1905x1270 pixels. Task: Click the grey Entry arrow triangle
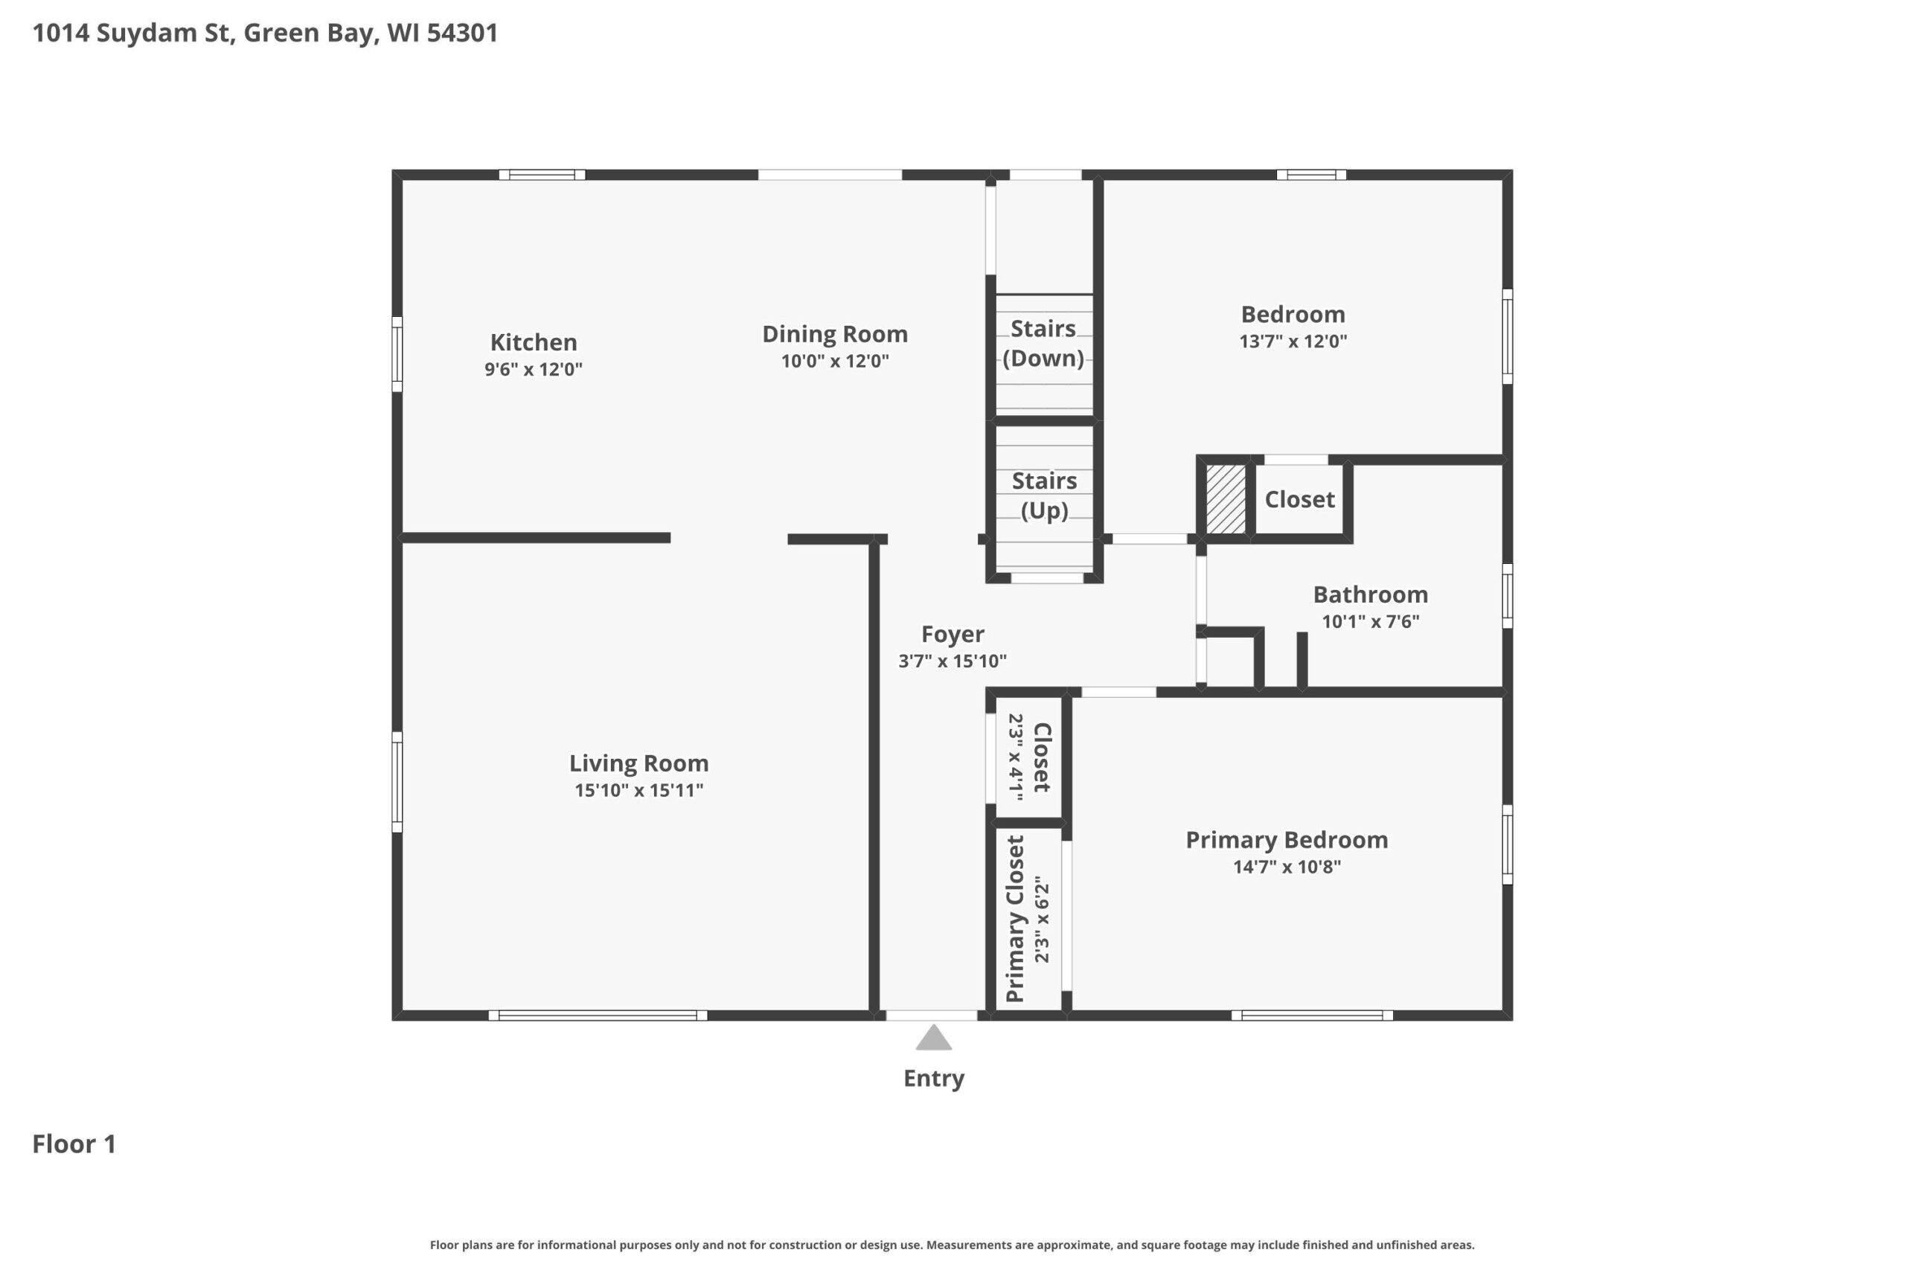click(x=933, y=1039)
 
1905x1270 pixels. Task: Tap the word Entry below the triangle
click(x=934, y=1079)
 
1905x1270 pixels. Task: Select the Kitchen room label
click(x=534, y=341)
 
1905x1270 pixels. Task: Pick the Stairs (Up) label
click(x=1044, y=495)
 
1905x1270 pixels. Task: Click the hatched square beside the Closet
click(x=1226, y=499)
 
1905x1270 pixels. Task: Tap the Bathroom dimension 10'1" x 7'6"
click(x=1371, y=622)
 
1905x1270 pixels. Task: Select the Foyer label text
click(x=952, y=633)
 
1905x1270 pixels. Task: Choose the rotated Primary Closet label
click(x=1015, y=919)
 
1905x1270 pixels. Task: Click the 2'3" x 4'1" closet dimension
click(x=1016, y=757)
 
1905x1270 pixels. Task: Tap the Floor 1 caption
click(x=74, y=1144)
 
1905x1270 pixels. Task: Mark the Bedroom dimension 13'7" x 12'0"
click(x=1293, y=341)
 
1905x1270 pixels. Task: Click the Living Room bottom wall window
click(x=598, y=1016)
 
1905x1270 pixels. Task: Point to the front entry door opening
click(x=932, y=1016)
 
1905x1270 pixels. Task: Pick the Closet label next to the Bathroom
click(x=1300, y=499)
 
